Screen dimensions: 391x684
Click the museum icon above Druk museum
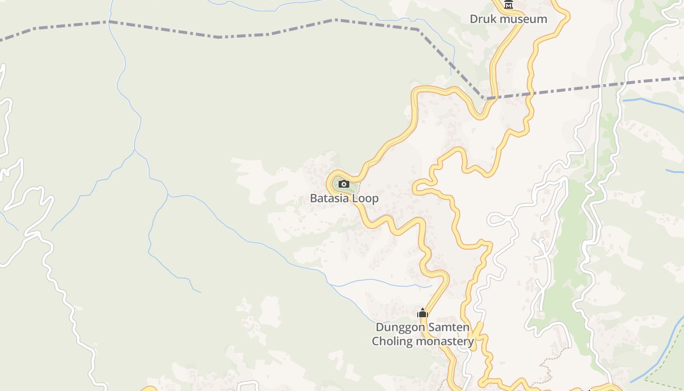tap(509, 5)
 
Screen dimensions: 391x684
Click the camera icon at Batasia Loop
tap(344, 184)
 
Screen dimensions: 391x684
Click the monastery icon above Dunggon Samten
tap(423, 313)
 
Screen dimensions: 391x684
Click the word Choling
tap(392, 341)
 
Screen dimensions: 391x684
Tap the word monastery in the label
tap(444, 341)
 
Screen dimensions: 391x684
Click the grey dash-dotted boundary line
tap(220, 37)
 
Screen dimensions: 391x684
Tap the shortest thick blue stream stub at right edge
tap(675, 171)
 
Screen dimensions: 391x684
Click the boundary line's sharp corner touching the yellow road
tap(484, 99)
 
